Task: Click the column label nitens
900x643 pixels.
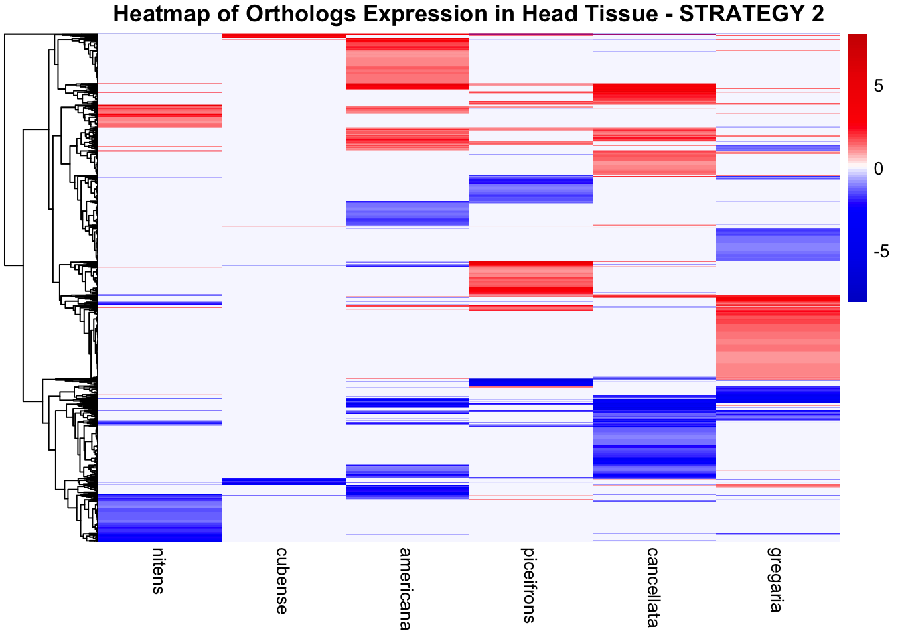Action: [x=158, y=571]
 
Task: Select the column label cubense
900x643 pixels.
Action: [x=282, y=580]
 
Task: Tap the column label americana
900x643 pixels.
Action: [x=406, y=588]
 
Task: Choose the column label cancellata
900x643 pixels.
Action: [x=653, y=587]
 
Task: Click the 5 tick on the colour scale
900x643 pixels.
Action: [x=879, y=86]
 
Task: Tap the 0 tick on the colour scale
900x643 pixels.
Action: [x=879, y=169]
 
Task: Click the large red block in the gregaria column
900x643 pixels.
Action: [x=777, y=338]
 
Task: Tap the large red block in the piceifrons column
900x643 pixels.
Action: [x=530, y=278]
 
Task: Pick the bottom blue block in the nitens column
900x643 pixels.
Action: [x=159, y=518]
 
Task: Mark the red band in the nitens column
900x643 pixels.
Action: [x=159, y=116]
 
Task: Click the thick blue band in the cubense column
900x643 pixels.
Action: [x=283, y=481]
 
